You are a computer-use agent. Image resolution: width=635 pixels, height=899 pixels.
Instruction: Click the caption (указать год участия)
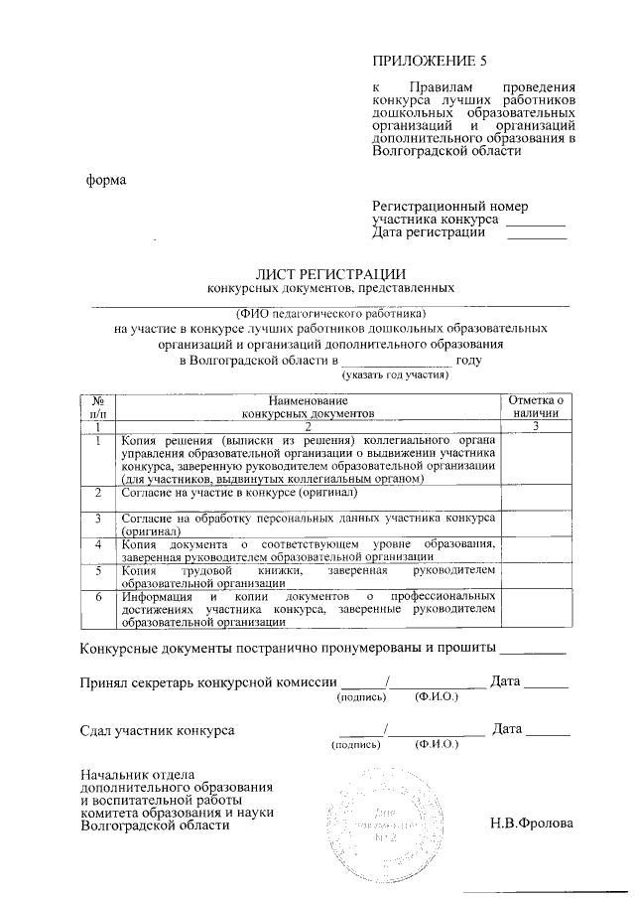click(396, 375)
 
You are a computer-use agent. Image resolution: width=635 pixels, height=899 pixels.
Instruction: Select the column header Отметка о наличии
click(535, 404)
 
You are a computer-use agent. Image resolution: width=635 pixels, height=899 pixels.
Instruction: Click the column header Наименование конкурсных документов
click(309, 404)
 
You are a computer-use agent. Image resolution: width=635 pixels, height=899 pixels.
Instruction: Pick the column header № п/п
click(97, 404)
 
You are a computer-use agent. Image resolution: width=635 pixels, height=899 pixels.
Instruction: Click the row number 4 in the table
click(97, 544)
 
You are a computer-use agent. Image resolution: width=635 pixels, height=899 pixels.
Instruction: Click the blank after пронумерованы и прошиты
click(533, 654)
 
